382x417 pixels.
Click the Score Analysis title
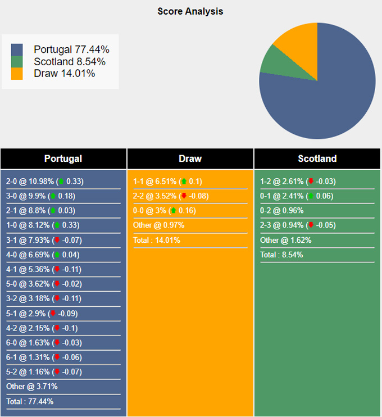click(x=190, y=11)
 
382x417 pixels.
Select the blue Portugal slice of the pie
click(x=326, y=96)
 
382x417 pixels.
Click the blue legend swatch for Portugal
click(x=17, y=49)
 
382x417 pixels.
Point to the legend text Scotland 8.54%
click(x=70, y=62)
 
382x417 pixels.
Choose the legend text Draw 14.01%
click(x=65, y=74)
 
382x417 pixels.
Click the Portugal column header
click(x=63, y=158)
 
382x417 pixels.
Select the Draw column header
click(x=190, y=158)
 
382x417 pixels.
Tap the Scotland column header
click(x=317, y=158)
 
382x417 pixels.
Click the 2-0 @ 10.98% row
click(x=44, y=182)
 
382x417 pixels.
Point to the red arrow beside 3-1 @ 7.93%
click(x=57, y=240)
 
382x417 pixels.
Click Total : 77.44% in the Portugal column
click(x=30, y=401)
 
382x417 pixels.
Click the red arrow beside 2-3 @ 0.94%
click(x=311, y=225)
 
